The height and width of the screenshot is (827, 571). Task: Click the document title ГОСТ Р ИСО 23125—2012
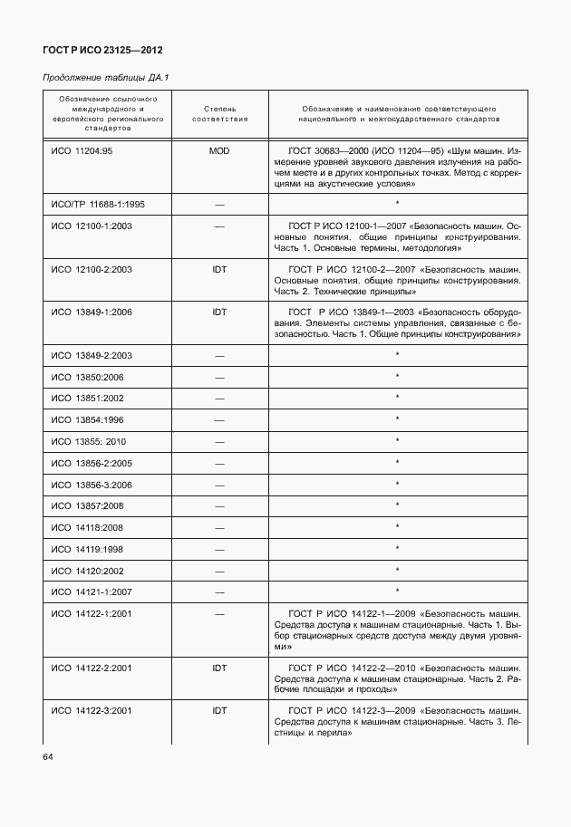pos(102,50)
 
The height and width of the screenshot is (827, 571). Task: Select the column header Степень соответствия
pos(218,113)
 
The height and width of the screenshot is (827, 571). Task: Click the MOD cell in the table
pos(218,150)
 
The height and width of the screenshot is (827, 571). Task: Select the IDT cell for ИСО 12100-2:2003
pos(218,269)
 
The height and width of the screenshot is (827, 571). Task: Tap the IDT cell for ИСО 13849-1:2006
pos(218,312)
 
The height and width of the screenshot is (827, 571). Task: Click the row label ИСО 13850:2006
pos(88,377)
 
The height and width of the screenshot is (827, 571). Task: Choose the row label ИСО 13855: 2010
pos(89,441)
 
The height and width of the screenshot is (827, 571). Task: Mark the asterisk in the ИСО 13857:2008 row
pos(397,505)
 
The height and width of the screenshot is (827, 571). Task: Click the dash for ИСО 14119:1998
pos(218,550)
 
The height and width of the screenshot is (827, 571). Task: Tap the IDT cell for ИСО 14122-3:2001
pos(218,711)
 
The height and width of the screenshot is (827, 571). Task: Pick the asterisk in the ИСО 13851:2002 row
pos(397,398)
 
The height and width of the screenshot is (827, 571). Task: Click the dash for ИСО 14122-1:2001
pos(218,614)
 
